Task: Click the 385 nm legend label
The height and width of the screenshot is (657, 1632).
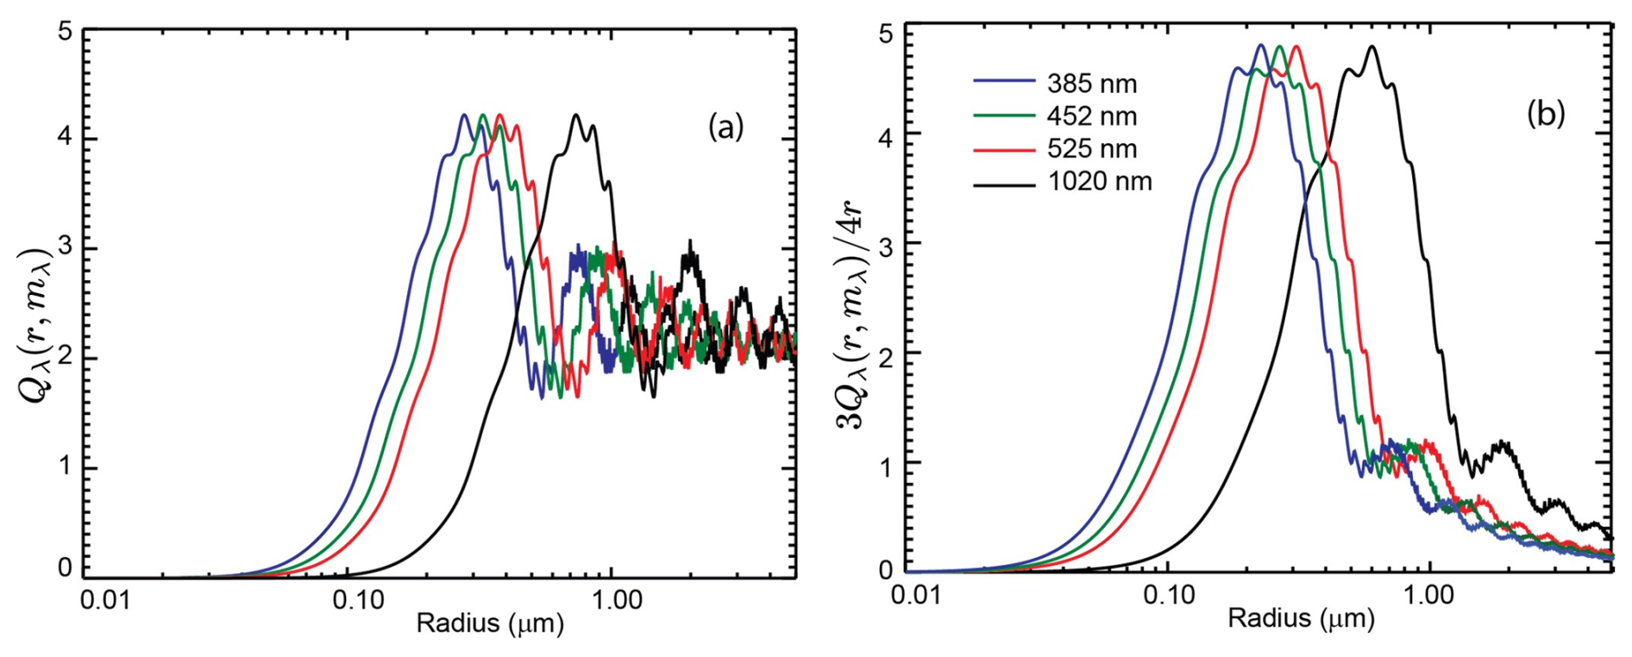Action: [x=1092, y=84]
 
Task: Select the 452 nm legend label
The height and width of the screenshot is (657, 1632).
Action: [x=1092, y=116]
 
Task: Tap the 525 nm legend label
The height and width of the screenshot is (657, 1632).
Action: [x=1092, y=149]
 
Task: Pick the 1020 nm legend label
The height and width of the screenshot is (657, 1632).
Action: [x=1100, y=182]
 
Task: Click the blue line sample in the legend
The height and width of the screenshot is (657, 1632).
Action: [x=1004, y=81]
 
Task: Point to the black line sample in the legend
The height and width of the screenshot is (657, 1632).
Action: [x=1004, y=183]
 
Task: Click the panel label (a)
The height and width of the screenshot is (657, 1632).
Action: [x=725, y=128]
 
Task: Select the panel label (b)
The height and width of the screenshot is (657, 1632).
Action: [x=1545, y=114]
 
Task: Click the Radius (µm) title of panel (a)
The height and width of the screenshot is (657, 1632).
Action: [x=490, y=623]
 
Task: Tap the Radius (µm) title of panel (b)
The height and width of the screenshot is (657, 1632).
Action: [x=1301, y=618]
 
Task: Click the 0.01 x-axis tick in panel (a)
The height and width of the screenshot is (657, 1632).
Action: [x=107, y=601]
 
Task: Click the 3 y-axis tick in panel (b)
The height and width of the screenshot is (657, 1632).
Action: [x=887, y=244]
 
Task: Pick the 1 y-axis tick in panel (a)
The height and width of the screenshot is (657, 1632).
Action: [x=65, y=468]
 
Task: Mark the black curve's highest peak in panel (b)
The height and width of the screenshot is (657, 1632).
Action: [x=1372, y=47]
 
